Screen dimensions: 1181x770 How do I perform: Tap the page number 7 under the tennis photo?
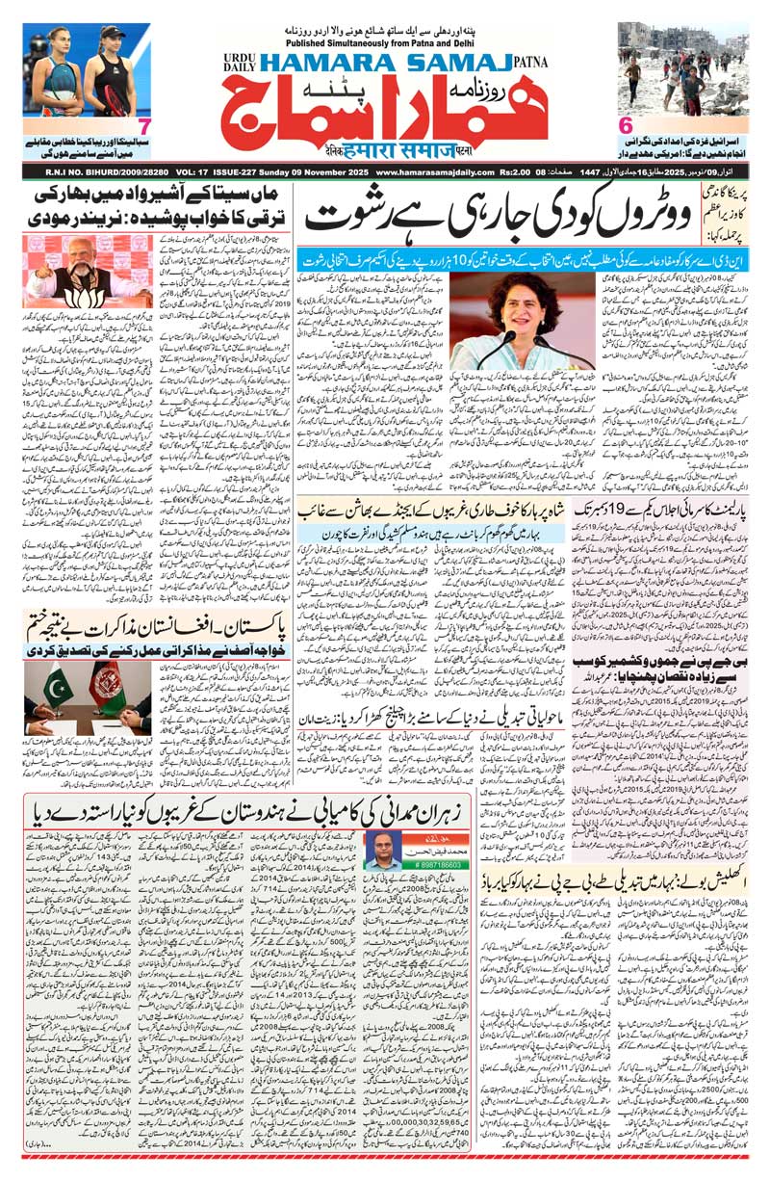143,126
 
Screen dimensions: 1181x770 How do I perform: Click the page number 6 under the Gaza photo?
625,126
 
